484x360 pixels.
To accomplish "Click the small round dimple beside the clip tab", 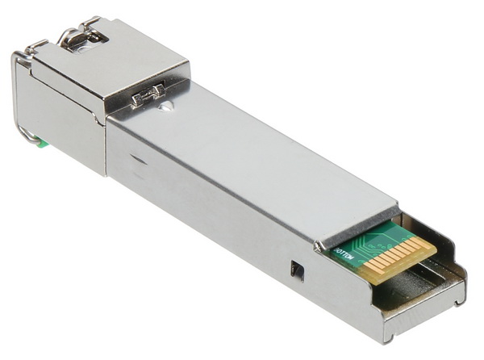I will (x=166, y=104).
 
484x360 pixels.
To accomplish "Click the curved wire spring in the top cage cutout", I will (x=81, y=34).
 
